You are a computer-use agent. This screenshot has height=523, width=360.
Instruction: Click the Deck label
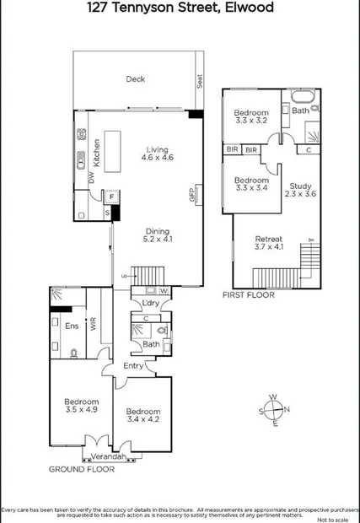(x=135, y=79)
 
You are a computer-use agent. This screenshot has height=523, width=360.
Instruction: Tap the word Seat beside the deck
(x=200, y=82)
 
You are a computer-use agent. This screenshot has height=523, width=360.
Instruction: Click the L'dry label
(x=151, y=303)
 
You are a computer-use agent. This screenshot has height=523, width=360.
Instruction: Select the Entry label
(x=132, y=364)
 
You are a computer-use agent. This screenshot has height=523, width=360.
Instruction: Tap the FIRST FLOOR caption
(x=249, y=295)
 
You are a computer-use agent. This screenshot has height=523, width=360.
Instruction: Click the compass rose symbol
(x=274, y=411)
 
